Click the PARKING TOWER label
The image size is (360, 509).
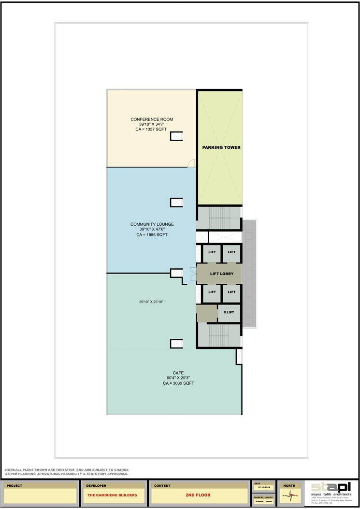(221, 147)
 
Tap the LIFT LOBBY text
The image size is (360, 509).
(222, 274)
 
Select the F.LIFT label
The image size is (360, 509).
(229, 313)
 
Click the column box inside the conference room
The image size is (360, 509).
(176, 136)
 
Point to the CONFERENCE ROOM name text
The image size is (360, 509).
(152, 119)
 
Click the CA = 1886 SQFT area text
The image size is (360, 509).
(152, 234)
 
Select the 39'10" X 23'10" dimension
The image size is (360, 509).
(152, 302)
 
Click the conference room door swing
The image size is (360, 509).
(191, 163)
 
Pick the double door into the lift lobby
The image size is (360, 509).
(193, 274)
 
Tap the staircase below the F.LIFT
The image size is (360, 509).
(219, 334)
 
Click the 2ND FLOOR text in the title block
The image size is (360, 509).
(198, 495)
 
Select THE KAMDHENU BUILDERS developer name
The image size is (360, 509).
(112, 495)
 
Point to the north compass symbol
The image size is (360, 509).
(289, 495)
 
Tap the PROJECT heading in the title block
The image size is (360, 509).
(14, 485)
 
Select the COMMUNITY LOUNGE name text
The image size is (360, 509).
(152, 224)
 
